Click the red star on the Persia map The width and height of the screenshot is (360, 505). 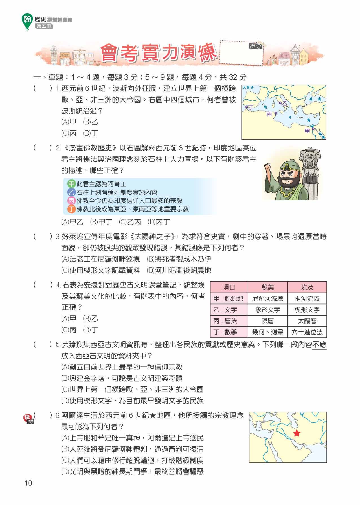(x=297, y=433)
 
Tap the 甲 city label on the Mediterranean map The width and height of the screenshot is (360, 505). (x=307, y=130)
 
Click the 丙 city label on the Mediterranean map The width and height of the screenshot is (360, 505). (x=269, y=114)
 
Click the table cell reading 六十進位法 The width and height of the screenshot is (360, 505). (x=307, y=332)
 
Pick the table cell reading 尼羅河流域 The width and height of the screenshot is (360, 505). (x=267, y=298)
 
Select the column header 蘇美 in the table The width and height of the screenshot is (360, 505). (x=267, y=287)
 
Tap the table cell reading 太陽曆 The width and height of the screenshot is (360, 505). (x=307, y=321)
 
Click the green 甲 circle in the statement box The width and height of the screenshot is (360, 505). (x=71, y=184)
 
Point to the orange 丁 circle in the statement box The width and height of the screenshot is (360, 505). (x=71, y=209)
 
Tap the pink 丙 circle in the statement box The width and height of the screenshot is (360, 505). (x=71, y=201)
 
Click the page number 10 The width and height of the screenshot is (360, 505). (x=28, y=483)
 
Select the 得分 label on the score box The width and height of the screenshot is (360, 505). (x=255, y=46)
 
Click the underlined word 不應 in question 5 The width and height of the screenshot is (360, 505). (x=319, y=344)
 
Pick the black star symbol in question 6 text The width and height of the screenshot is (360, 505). (x=153, y=416)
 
